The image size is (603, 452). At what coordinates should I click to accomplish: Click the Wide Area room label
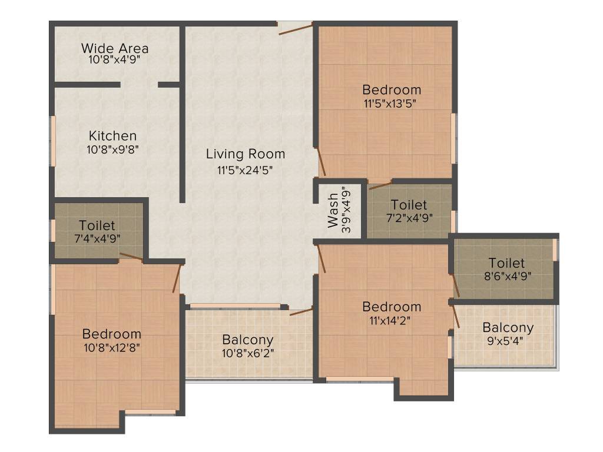[x=115, y=48]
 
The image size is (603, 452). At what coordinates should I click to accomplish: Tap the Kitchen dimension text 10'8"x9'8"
[x=112, y=149]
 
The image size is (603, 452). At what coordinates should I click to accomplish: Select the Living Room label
[x=246, y=154]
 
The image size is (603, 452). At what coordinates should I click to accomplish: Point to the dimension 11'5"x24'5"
[x=246, y=171]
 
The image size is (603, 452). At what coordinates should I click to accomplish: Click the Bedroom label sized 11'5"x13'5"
[x=392, y=90]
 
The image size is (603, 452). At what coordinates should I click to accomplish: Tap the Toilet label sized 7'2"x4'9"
[x=409, y=205]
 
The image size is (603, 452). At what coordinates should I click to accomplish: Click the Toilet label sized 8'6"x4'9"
[x=506, y=263]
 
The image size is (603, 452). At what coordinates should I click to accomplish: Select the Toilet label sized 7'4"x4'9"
[x=97, y=225]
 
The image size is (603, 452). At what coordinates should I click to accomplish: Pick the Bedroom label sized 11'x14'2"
[x=392, y=307]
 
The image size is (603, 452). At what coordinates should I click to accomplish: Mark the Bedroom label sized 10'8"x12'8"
[x=112, y=334]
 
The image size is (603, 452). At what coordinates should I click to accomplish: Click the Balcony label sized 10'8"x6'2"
[x=247, y=340]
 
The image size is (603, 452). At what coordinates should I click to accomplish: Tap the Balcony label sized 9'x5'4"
[x=508, y=327]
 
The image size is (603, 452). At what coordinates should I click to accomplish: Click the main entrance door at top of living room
[x=295, y=28]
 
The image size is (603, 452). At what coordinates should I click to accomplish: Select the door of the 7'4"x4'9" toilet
[x=131, y=257]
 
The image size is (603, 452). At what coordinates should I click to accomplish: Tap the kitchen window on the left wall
[x=52, y=141]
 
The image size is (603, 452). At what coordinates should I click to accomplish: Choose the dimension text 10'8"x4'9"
[x=115, y=59]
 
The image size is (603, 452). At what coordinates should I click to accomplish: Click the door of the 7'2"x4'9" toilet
[x=380, y=185]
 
